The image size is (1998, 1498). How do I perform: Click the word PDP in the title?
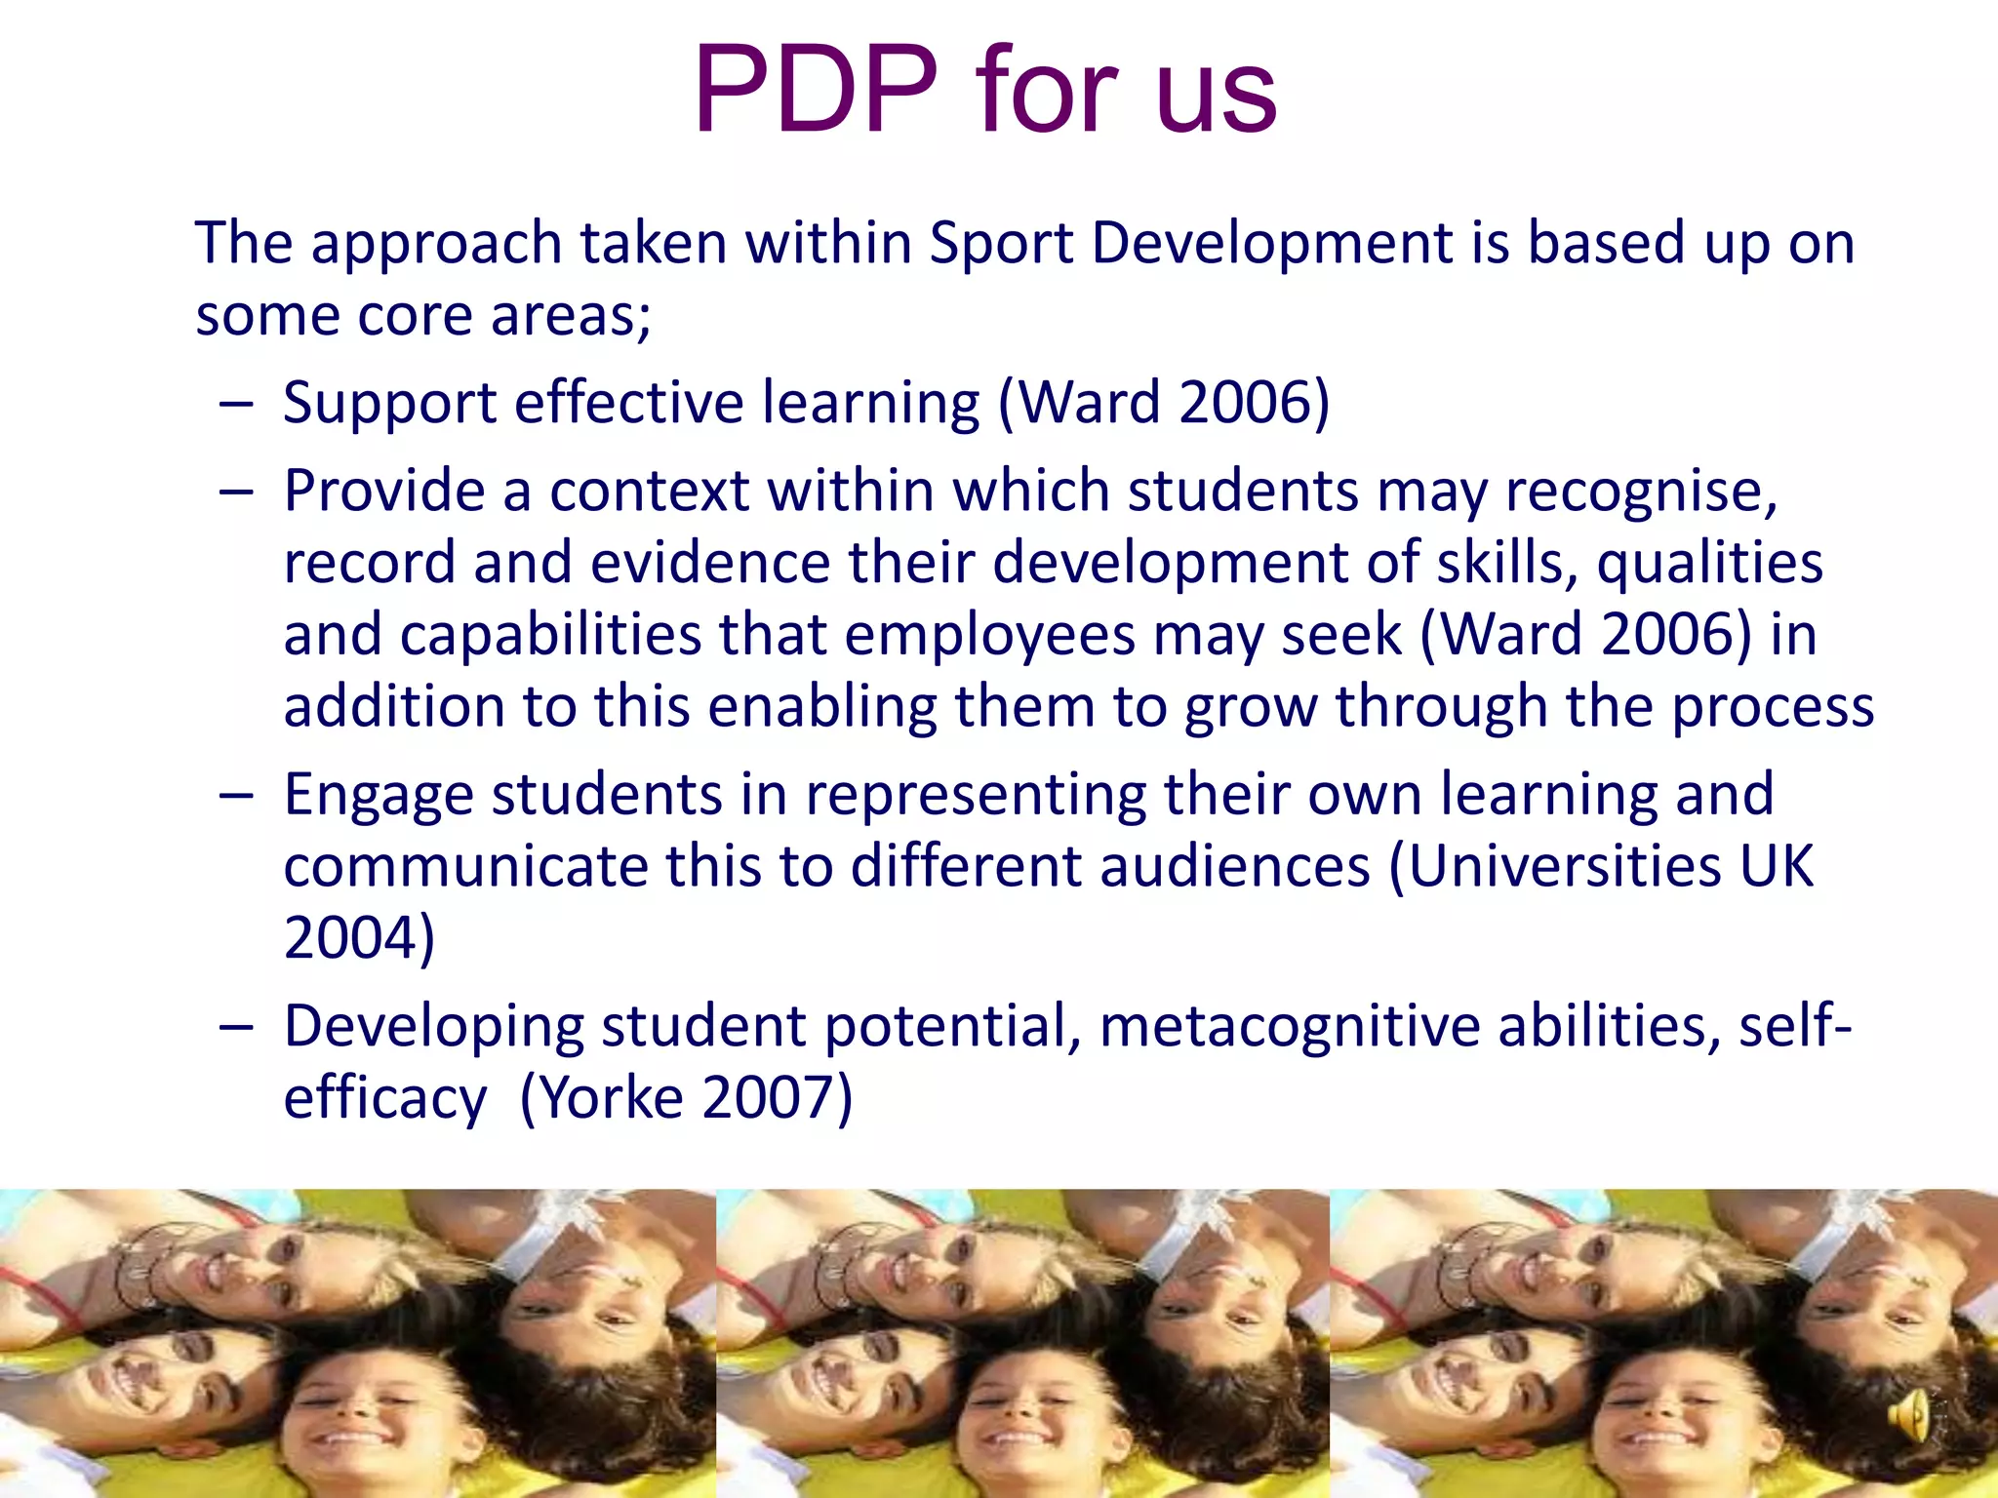(816, 91)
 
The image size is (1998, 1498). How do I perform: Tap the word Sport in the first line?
(1001, 243)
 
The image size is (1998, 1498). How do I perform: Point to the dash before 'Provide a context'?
(236, 492)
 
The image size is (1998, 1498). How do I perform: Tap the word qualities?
(1709, 563)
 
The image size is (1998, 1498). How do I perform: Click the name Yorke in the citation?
(612, 1098)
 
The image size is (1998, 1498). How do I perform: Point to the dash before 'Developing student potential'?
(236, 1027)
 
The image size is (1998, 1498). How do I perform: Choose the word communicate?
(465, 866)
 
